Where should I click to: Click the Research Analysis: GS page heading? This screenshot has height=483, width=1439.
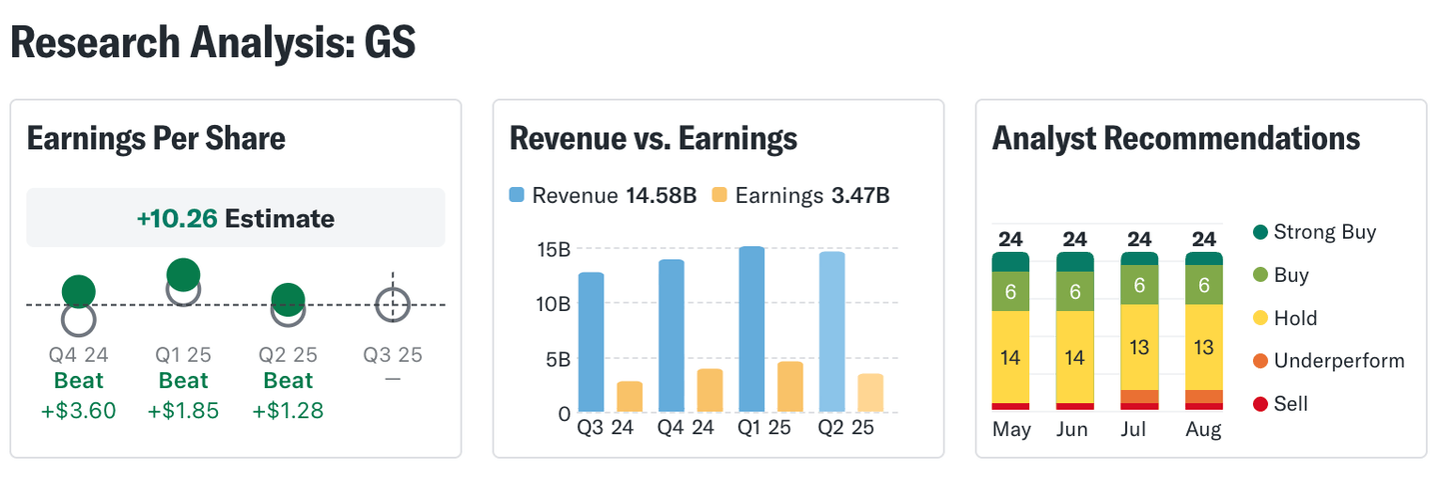click(x=213, y=42)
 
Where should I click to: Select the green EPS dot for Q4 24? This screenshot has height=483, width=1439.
click(x=79, y=291)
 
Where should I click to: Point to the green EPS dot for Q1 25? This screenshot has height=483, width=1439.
click(x=183, y=274)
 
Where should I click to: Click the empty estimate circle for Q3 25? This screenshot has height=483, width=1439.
click(x=393, y=304)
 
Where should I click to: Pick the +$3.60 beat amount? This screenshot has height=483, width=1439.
click(x=79, y=410)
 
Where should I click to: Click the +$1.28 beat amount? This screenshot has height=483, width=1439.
click(x=288, y=410)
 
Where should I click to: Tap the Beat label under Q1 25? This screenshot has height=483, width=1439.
click(x=184, y=381)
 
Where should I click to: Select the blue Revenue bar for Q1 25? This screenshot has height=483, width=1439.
click(x=751, y=329)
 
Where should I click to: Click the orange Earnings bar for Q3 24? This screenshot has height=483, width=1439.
click(x=630, y=396)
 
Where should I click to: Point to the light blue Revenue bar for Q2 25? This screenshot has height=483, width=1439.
click(x=831, y=332)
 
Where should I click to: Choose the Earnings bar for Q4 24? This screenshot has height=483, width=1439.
click(x=710, y=390)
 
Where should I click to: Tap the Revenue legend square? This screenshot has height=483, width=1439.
click(x=517, y=195)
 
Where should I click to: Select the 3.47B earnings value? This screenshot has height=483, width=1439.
click(x=859, y=195)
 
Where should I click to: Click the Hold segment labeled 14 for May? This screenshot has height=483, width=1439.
click(x=1010, y=356)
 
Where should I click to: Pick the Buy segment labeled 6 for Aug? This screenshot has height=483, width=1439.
click(x=1204, y=285)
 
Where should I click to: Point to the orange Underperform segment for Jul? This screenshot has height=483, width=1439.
click(x=1139, y=396)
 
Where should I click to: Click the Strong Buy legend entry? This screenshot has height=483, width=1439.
click(x=1315, y=232)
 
